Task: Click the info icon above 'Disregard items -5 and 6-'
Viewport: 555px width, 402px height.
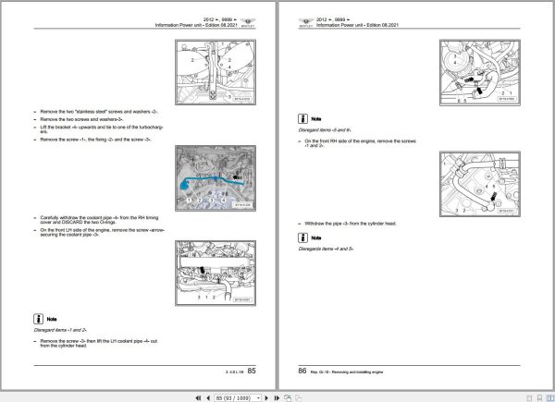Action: (x=302, y=119)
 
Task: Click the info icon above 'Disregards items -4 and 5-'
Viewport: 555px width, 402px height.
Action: (x=302, y=238)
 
